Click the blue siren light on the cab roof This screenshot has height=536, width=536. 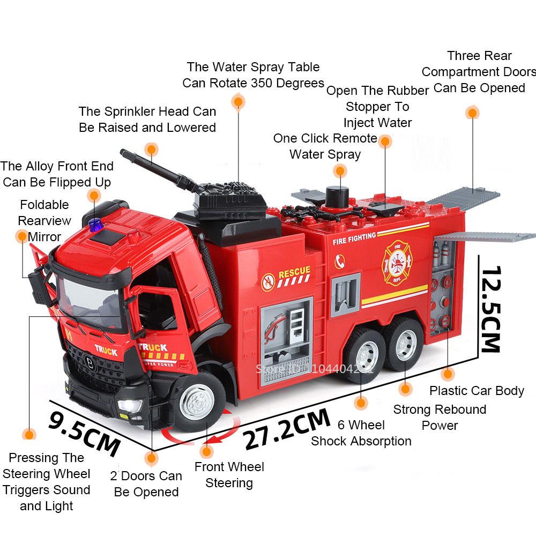(95, 225)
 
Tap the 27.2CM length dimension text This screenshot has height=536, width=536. (287, 429)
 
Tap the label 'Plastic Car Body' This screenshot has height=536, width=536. (477, 391)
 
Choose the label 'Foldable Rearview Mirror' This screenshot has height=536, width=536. (44, 220)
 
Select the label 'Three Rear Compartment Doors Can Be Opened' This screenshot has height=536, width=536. (479, 71)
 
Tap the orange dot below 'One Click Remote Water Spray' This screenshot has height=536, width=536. (339, 171)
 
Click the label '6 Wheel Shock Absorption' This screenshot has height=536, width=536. (361, 433)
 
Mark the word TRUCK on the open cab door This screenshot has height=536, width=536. (152, 347)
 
